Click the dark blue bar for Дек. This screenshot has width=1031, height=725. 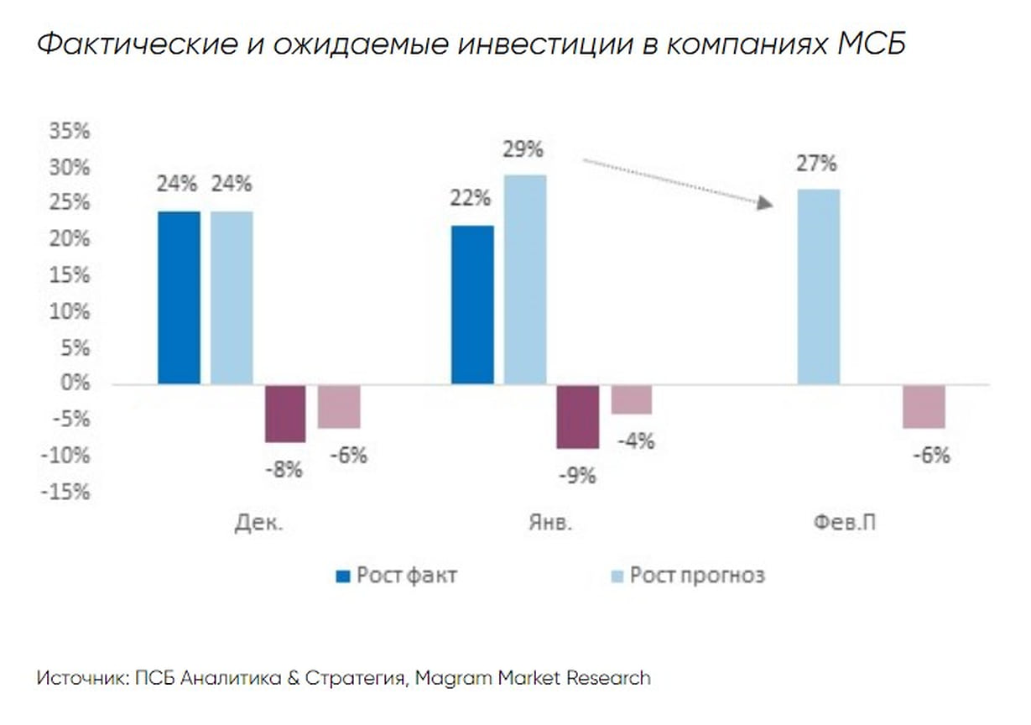tap(180, 297)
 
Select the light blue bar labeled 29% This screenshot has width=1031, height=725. tap(525, 279)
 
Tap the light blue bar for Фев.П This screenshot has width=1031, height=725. tap(818, 286)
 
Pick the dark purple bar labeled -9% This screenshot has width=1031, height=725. tap(578, 417)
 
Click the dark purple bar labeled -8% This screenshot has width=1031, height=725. tap(285, 414)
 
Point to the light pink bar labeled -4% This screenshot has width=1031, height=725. tap(631, 400)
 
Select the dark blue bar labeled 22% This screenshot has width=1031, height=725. tap(472, 305)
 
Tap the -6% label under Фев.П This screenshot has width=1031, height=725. tap(929, 456)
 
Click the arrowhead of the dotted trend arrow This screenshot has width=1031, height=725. tap(764, 202)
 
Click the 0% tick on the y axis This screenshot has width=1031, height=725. tap(76, 383)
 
